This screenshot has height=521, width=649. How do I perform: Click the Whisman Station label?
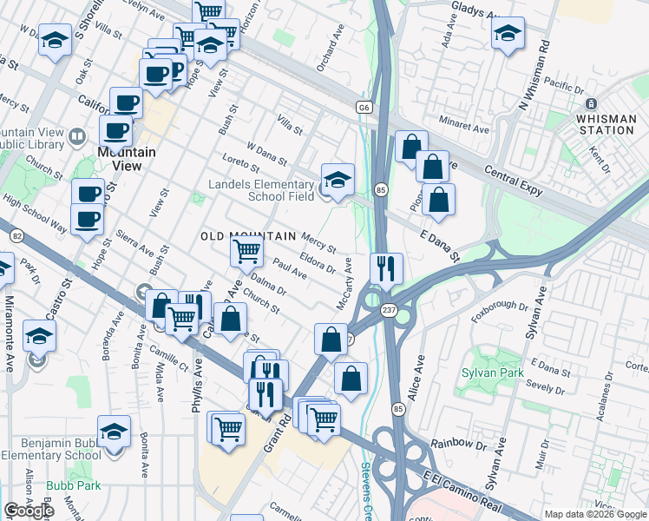(x=606, y=123)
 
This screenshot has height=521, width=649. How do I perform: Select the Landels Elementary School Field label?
(x=262, y=190)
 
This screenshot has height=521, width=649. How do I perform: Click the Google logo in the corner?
(x=29, y=511)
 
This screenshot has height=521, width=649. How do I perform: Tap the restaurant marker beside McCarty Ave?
(x=385, y=267)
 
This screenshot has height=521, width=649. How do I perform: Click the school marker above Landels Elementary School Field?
(x=338, y=179)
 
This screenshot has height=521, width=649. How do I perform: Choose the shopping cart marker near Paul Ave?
(x=246, y=252)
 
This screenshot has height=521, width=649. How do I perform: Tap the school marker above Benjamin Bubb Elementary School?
(x=114, y=430)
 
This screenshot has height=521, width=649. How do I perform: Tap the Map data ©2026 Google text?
(x=594, y=514)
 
